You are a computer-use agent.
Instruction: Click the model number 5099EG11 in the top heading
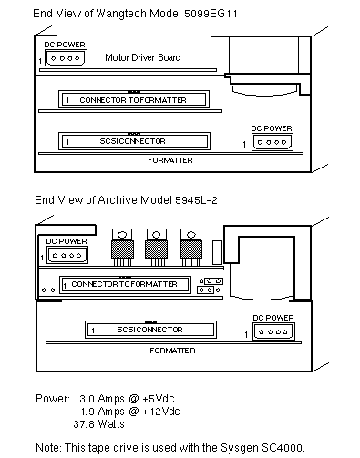[x=211, y=14]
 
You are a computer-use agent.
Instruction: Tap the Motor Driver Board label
[x=143, y=57]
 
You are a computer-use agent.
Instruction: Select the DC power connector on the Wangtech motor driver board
[x=66, y=58]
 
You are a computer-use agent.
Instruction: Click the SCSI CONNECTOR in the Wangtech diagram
[x=134, y=141]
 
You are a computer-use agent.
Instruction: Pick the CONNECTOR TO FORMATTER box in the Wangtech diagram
[x=134, y=99]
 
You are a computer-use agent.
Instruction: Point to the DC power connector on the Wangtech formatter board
[x=273, y=142]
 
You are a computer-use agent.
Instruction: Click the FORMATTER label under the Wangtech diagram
[x=170, y=160]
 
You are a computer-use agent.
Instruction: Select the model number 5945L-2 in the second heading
[x=196, y=200]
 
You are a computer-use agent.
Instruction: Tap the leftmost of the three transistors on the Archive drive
[x=122, y=247]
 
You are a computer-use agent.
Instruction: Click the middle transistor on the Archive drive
[x=157, y=247]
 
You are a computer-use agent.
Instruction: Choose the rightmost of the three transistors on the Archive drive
[x=190, y=247]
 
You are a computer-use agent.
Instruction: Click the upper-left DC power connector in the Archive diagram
[x=67, y=255]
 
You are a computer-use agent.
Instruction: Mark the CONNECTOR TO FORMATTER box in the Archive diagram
[x=125, y=285]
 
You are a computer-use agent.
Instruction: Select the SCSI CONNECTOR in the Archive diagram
[x=150, y=330]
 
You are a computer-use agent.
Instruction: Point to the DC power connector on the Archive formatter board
[x=273, y=331]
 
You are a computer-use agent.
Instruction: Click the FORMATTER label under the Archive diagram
[x=172, y=351]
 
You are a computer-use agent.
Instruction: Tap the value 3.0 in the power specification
[x=87, y=399]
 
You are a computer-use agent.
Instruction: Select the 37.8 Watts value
[x=98, y=424]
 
